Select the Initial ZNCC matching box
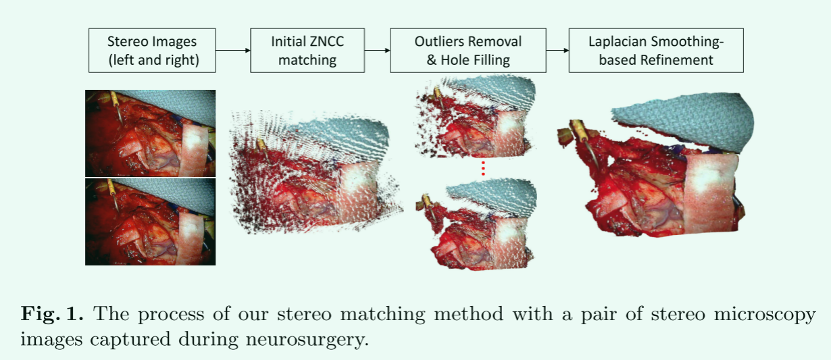click(307, 51)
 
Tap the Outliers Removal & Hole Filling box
click(468, 51)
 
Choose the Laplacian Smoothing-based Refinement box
click(655, 51)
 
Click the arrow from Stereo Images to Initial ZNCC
click(233, 51)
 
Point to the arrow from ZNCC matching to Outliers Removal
click(378, 51)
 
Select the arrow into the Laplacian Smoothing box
click(557, 51)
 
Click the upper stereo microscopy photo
click(150, 133)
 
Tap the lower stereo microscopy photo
click(150, 221)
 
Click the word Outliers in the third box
click(438, 42)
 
